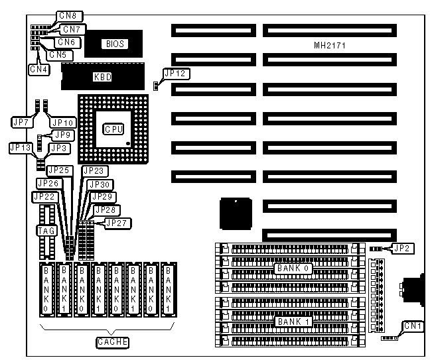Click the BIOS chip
[113, 44]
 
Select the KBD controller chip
[103, 77]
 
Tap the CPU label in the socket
[112, 129]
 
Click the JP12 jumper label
[176, 74]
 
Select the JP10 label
[62, 123]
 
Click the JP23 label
[93, 170]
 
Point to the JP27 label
[113, 222]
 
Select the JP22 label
[44, 196]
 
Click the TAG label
[44, 230]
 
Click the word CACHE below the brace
[112, 342]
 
